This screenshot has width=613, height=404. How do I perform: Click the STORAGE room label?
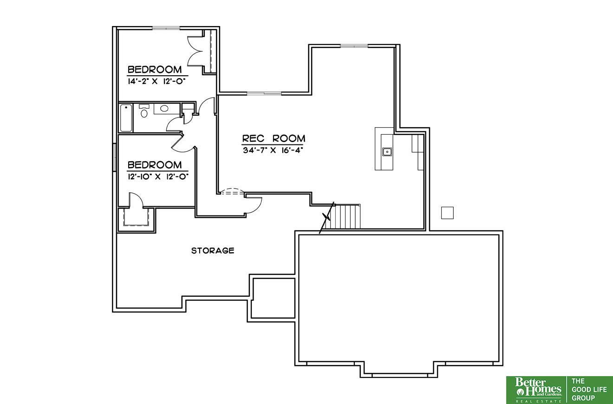coord(213,250)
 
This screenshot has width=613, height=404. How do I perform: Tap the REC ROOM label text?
coord(274,138)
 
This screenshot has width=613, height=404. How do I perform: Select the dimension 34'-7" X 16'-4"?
coord(273,150)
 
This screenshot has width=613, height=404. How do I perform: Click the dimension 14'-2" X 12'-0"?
coord(157,81)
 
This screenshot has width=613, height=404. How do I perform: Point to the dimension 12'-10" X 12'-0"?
coord(158,176)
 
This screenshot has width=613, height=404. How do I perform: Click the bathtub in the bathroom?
coord(125,117)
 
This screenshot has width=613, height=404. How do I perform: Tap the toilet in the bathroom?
coord(144,111)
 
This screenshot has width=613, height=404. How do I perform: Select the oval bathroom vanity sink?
coord(164,108)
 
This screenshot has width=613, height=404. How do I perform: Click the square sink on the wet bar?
coord(387,152)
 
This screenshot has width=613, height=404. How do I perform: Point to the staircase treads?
coord(345,216)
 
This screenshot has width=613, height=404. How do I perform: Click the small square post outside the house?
coord(447,213)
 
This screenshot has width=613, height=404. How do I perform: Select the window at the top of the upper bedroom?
coord(166,28)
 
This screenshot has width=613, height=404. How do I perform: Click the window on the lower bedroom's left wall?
coord(115,157)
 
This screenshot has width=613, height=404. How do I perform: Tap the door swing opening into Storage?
coord(254,205)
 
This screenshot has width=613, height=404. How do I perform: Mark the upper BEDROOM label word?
coord(155,70)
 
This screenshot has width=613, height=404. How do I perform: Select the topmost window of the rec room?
coord(354,46)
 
